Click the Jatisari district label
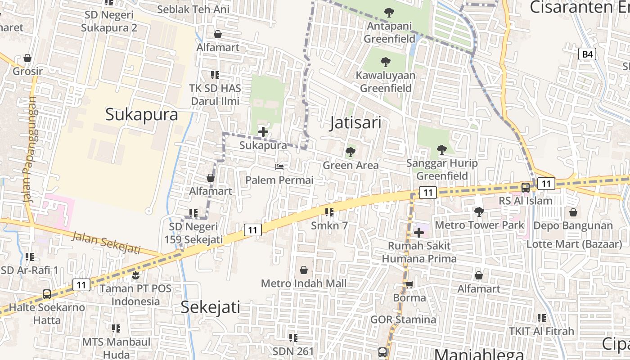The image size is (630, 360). (x=355, y=122)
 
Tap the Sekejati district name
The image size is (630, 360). (x=210, y=307)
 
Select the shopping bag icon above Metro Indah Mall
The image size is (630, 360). (x=304, y=270)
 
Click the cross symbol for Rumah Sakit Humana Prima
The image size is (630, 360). (x=419, y=233)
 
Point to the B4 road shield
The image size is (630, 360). (x=587, y=54)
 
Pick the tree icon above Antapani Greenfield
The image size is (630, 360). (x=389, y=13)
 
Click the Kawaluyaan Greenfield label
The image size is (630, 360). (x=386, y=81)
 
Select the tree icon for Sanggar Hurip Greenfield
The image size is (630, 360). (x=441, y=149)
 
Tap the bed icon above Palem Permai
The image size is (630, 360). (x=279, y=167)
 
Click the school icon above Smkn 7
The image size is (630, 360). (x=329, y=212)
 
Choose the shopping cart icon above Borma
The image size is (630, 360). (x=409, y=284)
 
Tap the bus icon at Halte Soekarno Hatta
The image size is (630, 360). (x=47, y=294)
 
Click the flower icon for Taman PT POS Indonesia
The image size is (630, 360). (x=135, y=274)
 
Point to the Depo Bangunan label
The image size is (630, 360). (x=573, y=225)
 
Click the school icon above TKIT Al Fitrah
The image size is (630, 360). (x=541, y=318)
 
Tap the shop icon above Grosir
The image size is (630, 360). (x=27, y=58)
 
